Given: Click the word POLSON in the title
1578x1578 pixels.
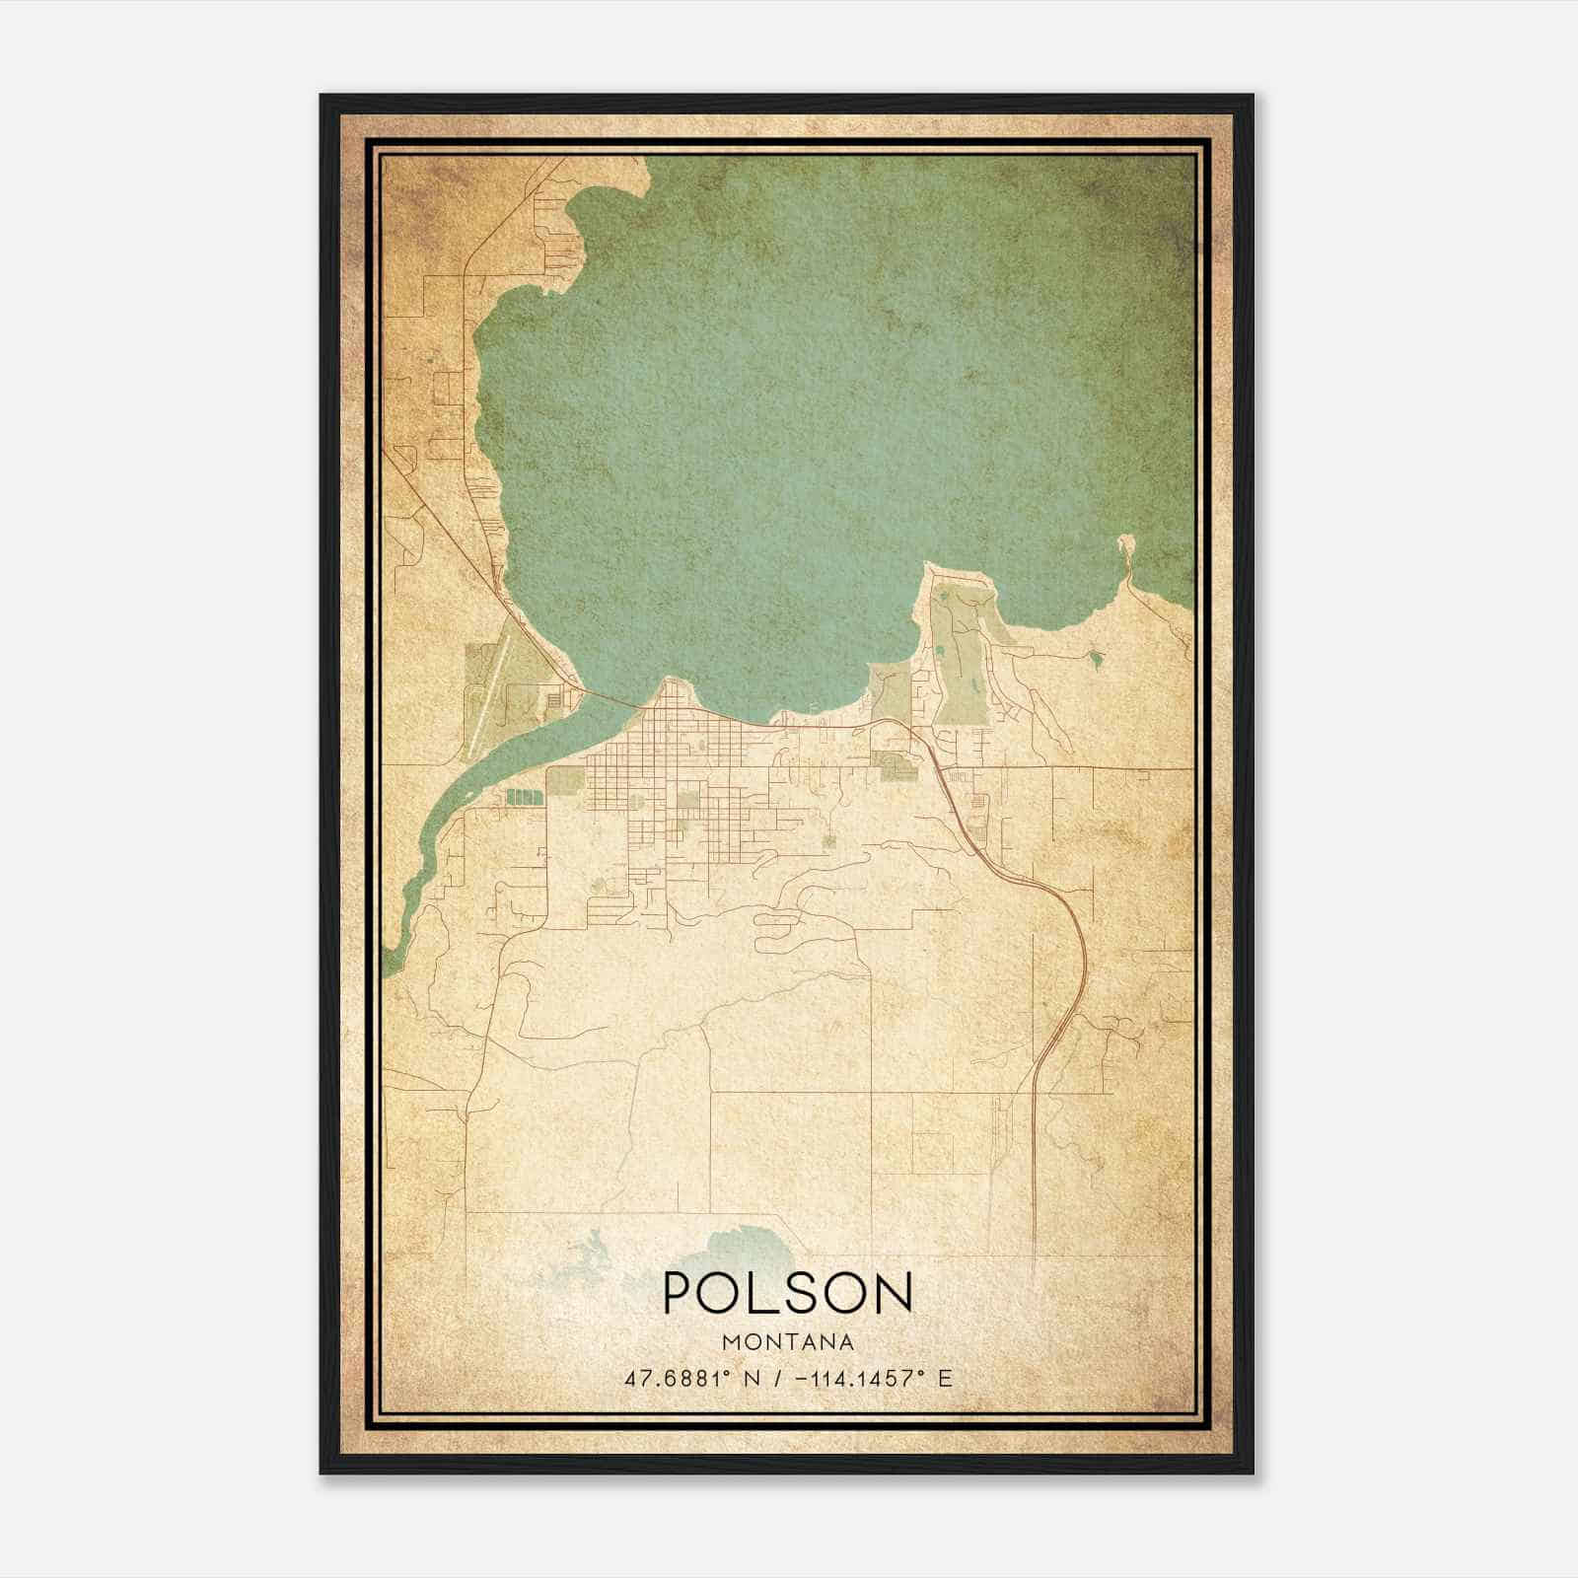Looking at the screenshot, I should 788,1292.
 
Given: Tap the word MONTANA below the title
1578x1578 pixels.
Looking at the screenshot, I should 788,1342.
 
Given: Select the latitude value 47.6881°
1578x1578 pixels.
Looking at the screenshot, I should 677,1379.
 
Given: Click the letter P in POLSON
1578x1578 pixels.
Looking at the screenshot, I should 679,1292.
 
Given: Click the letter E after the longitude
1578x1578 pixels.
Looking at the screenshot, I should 945,1379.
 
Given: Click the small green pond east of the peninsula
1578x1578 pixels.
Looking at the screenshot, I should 1095,655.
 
